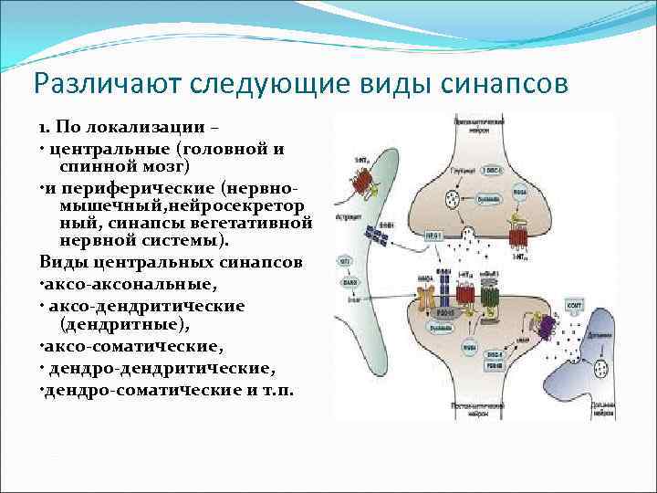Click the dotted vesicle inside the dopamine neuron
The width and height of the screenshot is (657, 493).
(x=603, y=369)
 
